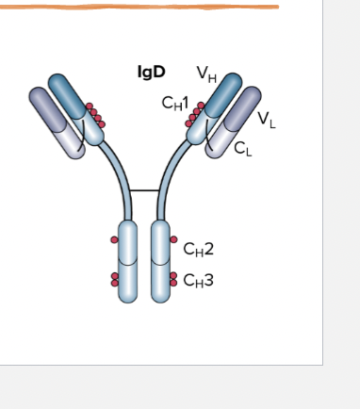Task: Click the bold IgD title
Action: point(151,72)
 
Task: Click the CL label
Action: point(242,148)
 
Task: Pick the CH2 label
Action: point(198,249)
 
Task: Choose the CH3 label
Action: point(198,279)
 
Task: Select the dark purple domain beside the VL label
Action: point(247,106)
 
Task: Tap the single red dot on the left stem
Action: point(115,239)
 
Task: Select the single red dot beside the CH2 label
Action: point(174,239)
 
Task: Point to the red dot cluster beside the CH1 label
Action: point(195,115)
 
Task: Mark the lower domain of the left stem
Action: point(127,281)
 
